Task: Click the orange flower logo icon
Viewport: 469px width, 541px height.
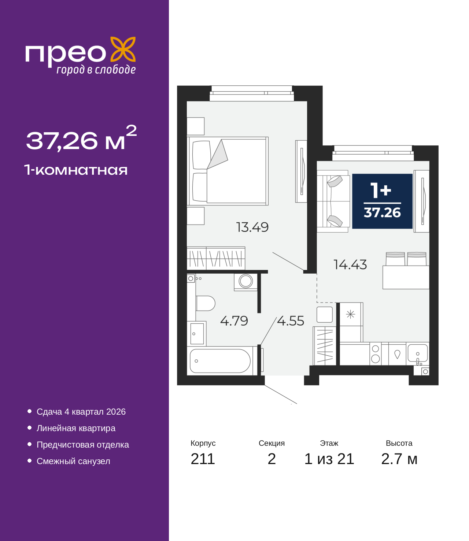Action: [x=123, y=49]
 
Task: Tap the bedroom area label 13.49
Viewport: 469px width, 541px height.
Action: [x=252, y=227]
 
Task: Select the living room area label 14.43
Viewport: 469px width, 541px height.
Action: [x=350, y=264]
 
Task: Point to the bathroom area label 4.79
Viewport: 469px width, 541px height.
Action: [x=234, y=321]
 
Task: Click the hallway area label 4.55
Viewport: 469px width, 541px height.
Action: [x=291, y=321]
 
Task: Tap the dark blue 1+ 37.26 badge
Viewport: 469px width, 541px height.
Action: [x=382, y=201]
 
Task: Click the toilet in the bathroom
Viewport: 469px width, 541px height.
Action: [x=205, y=303]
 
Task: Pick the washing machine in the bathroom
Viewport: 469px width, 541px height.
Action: [x=245, y=282]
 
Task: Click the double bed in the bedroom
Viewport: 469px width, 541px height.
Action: [x=228, y=171]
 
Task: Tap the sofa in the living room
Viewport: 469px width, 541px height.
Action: [x=333, y=201]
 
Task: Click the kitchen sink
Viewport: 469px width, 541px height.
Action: [x=417, y=353]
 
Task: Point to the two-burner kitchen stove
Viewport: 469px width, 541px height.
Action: [x=376, y=354]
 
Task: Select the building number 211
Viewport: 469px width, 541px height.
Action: [x=203, y=459]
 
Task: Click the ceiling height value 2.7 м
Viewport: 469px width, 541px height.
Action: [x=399, y=459]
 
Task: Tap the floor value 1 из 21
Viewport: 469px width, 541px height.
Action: [x=329, y=459]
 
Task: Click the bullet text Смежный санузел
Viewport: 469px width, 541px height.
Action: [x=73, y=461]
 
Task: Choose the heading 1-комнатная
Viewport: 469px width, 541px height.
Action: [x=76, y=170]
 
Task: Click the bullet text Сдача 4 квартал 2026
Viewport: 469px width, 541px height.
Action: [x=81, y=411]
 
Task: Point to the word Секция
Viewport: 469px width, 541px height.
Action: [x=272, y=443]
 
